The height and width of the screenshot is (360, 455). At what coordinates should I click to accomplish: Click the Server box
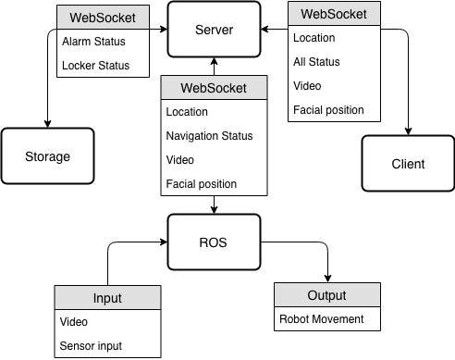214,30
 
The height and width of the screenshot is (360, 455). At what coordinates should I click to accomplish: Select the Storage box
47,156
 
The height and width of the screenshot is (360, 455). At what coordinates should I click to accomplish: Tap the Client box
408,164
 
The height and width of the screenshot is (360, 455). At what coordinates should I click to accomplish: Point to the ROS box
214,242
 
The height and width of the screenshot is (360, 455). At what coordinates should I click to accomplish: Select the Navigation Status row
214,136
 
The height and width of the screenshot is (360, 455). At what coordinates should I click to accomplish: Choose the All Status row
334,62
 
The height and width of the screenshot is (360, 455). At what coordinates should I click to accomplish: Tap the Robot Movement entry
326,319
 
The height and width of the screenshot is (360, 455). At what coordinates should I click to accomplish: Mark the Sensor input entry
106,346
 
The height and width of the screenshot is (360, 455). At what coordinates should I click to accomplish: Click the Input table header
106,298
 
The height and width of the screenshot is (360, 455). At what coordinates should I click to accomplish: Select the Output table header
326,295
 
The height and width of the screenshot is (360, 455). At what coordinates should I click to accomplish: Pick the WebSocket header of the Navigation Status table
214,88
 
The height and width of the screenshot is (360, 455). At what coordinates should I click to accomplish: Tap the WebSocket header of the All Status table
334,14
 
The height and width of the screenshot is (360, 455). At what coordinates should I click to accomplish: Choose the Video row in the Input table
106,322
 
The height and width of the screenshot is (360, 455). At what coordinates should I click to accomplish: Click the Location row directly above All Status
334,38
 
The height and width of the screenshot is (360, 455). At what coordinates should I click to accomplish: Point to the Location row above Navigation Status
214,112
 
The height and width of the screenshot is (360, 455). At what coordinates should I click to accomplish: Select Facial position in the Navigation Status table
214,183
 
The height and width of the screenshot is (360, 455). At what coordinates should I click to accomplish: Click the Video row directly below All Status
334,86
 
